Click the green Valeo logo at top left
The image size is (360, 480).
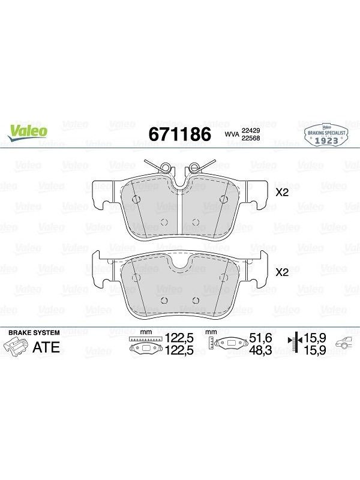pos(28,133)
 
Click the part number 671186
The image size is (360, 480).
pos(179,134)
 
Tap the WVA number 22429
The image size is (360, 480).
pos(251,131)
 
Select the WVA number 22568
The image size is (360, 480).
pos(251,138)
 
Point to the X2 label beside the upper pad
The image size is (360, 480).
pos(282,193)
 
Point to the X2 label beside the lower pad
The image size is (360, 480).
pos(282,272)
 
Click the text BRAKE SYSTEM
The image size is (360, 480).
pos(34,332)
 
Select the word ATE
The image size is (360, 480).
pos(46,347)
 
